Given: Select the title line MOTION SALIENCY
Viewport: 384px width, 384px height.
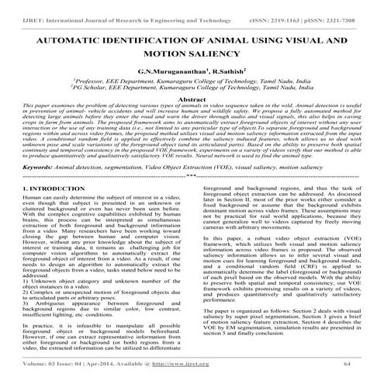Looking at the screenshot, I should coord(191,54).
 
